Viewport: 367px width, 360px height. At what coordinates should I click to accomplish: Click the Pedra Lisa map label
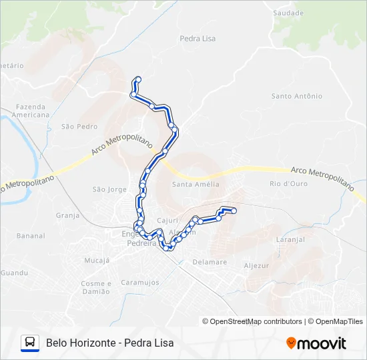(x=198, y=39)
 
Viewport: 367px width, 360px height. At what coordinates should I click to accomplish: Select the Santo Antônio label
(x=296, y=96)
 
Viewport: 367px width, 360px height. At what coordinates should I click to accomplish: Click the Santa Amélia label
(x=196, y=185)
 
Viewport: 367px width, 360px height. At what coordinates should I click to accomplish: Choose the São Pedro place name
(x=79, y=126)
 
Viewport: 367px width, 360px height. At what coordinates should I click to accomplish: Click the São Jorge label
(x=109, y=189)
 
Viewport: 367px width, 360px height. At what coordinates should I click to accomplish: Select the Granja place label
(x=68, y=215)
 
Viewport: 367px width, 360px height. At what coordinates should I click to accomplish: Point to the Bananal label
(x=31, y=236)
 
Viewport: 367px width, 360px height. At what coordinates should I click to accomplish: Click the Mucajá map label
(x=97, y=260)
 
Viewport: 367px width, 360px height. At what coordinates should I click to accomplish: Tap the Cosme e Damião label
(x=95, y=287)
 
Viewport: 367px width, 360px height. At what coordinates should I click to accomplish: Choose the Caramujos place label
(x=140, y=283)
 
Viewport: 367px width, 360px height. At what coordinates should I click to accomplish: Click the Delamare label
(x=210, y=262)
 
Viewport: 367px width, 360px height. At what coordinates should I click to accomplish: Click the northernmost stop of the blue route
(x=138, y=79)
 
